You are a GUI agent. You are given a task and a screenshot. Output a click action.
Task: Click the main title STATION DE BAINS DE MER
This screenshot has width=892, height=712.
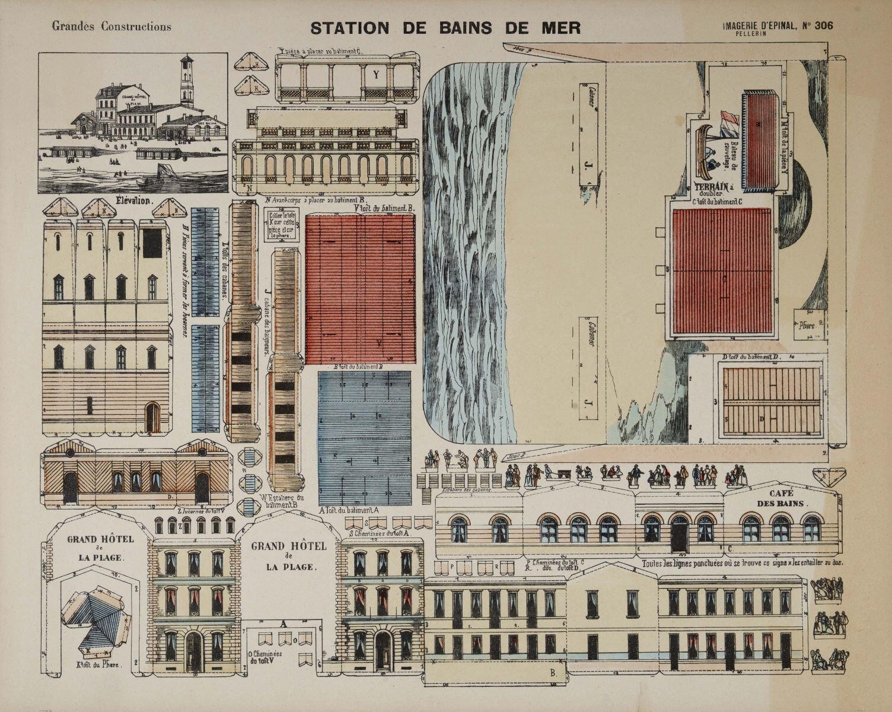(x=445, y=27)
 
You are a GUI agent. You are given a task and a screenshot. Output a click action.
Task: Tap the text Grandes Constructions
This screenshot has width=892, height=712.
(x=111, y=26)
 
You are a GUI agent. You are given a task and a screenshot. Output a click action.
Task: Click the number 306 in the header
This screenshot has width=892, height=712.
(x=823, y=25)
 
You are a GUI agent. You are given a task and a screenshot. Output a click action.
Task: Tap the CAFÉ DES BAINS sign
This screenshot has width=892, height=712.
(x=782, y=498)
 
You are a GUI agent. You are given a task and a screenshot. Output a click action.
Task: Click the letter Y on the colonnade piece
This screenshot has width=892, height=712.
(x=376, y=75)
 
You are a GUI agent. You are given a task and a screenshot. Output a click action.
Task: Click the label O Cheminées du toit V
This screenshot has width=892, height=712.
(x=265, y=656)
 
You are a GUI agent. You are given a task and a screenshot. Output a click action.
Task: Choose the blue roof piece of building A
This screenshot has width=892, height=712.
(x=364, y=437)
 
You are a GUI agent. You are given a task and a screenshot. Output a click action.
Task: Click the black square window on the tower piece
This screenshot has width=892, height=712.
(x=154, y=243)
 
